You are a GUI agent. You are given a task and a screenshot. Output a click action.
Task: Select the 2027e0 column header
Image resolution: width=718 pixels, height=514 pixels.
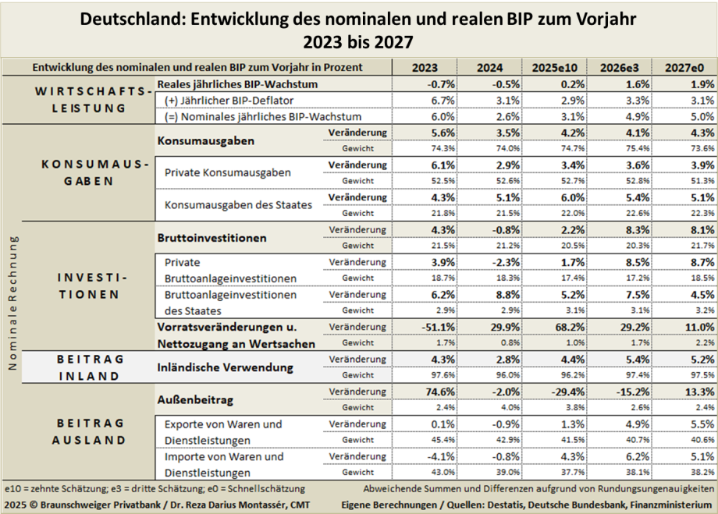(684, 68)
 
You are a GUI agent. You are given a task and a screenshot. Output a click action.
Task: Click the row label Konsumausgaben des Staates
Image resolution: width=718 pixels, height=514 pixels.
(238, 204)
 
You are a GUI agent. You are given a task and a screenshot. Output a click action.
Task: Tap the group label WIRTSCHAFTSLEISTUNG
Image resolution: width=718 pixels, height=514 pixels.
(94, 100)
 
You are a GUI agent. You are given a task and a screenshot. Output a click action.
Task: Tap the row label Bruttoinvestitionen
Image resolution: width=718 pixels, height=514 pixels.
(211, 237)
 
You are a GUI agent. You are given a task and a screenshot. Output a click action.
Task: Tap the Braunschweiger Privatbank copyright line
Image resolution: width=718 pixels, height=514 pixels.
(156, 505)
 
